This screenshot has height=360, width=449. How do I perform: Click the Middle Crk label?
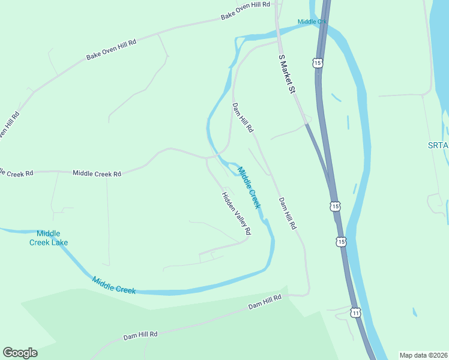pos(312,22)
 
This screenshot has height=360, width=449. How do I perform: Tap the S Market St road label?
pos(288,74)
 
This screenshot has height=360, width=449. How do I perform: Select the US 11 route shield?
pos(356,313)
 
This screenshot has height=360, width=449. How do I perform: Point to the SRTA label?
pos(438,145)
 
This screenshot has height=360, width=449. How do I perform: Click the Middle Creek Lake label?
pos(49,238)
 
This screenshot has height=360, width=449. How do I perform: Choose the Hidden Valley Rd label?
pos(236,213)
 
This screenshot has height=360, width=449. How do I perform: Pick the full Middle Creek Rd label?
pos(97,173)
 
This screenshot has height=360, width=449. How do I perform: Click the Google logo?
pos(20,353)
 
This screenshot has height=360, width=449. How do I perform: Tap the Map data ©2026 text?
pos(424,355)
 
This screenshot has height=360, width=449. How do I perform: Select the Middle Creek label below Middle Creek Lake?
pos(114,285)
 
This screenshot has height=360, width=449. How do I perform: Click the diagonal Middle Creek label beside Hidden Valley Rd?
pos(250,187)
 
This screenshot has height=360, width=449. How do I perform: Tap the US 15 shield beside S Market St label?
pos(317,62)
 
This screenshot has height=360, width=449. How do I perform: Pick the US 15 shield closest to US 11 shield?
pos(341,242)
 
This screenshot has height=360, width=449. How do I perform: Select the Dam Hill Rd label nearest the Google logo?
pos(140,334)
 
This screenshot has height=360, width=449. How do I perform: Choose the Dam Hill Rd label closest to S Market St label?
pos(243,117)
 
